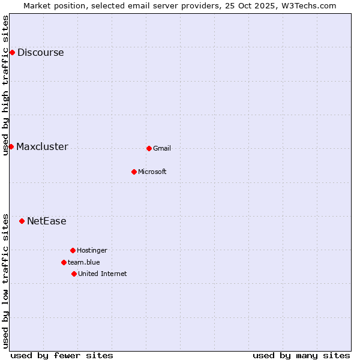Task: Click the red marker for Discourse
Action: [12, 52]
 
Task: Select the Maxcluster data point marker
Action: [11, 146]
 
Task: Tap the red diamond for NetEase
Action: [22, 221]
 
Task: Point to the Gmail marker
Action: [149, 148]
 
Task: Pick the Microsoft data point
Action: [134, 172]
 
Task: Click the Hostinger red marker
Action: [73, 250]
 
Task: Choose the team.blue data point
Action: [64, 262]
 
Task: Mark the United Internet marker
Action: [74, 274]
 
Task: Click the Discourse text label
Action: [40, 52]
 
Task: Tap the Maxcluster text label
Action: [42, 146]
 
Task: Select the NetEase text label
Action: [46, 221]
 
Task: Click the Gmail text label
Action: [162, 148]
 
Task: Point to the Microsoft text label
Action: [152, 172]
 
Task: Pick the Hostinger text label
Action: [92, 250]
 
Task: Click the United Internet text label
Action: [102, 274]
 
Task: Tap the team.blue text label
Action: [83, 262]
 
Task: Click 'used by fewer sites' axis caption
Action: [62, 355]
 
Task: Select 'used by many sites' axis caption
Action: [301, 355]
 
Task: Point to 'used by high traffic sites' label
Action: [5, 85]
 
